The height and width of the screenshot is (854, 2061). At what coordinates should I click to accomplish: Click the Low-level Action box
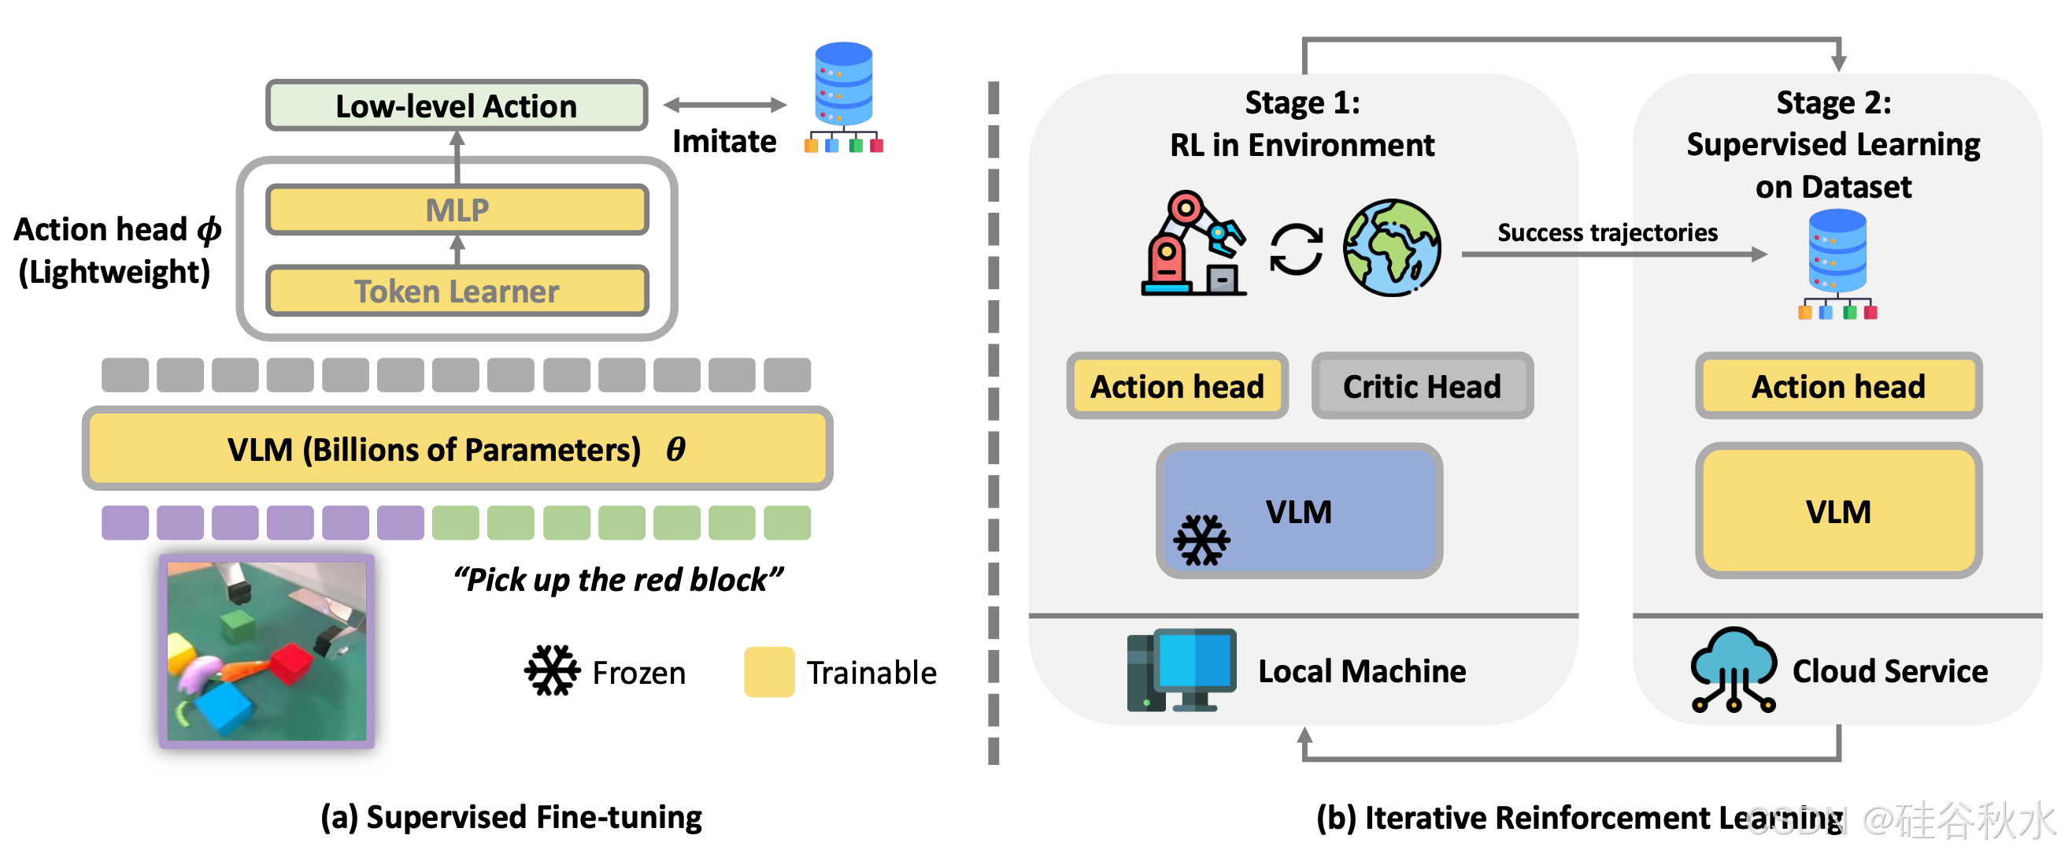[456, 105]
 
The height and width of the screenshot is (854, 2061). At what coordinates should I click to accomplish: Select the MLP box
[456, 210]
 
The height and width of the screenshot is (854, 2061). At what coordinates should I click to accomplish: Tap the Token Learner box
[456, 291]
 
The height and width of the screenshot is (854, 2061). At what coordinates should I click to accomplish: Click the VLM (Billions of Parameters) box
[456, 449]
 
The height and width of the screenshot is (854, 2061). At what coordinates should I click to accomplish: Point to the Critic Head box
[1422, 387]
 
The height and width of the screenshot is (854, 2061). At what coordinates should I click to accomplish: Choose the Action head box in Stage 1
[1177, 387]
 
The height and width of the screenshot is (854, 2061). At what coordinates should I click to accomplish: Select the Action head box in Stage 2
[1837, 387]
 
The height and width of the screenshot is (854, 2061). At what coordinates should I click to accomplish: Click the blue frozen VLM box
[1298, 511]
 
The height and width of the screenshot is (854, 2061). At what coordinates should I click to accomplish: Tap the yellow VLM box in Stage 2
[1837, 511]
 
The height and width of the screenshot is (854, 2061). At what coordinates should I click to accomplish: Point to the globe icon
[1391, 247]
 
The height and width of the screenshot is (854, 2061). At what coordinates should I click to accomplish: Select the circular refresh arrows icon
[1296, 249]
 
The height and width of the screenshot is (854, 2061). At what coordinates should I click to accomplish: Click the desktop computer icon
[1181, 670]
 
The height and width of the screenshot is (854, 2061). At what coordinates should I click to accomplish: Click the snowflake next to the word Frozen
[552, 670]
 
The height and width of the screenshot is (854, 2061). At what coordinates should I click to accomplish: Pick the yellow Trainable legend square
[768, 671]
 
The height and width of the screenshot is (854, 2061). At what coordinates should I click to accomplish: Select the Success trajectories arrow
[1613, 254]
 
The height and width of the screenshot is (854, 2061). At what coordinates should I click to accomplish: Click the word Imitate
[724, 142]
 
